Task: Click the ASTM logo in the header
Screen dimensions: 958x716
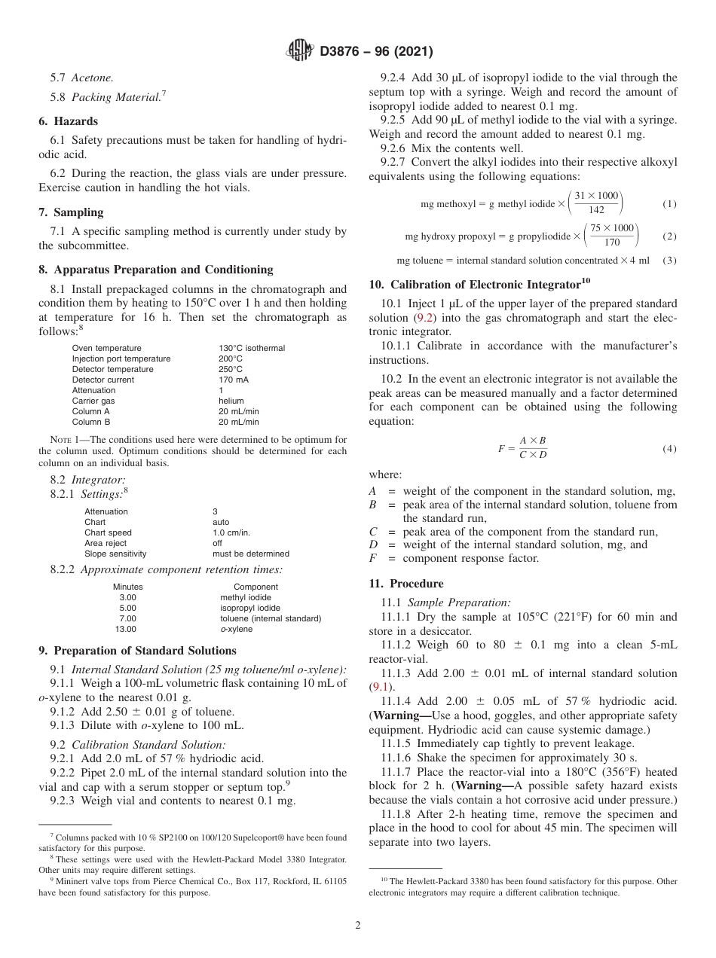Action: pos(301,51)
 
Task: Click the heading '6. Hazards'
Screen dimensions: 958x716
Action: pos(68,121)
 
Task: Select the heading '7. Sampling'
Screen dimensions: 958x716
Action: pos(71,212)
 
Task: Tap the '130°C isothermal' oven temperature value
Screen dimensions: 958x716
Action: pos(252,348)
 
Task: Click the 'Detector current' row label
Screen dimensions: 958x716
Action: pos(103,380)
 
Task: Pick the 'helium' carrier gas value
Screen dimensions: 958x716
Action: pos(231,401)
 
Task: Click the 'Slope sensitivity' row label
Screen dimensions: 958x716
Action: pos(115,554)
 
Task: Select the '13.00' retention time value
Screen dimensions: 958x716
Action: pos(126,629)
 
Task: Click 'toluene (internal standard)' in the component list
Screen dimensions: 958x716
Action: pos(271,618)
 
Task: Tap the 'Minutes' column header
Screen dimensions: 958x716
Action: pos(127,587)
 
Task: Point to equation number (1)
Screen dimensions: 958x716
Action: pos(669,204)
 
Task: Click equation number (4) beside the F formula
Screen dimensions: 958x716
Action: pos(669,449)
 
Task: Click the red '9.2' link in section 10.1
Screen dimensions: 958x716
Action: pos(425,318)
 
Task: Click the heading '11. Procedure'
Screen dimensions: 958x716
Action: pos(406,584)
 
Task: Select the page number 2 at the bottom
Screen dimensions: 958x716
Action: pos(358,926)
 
